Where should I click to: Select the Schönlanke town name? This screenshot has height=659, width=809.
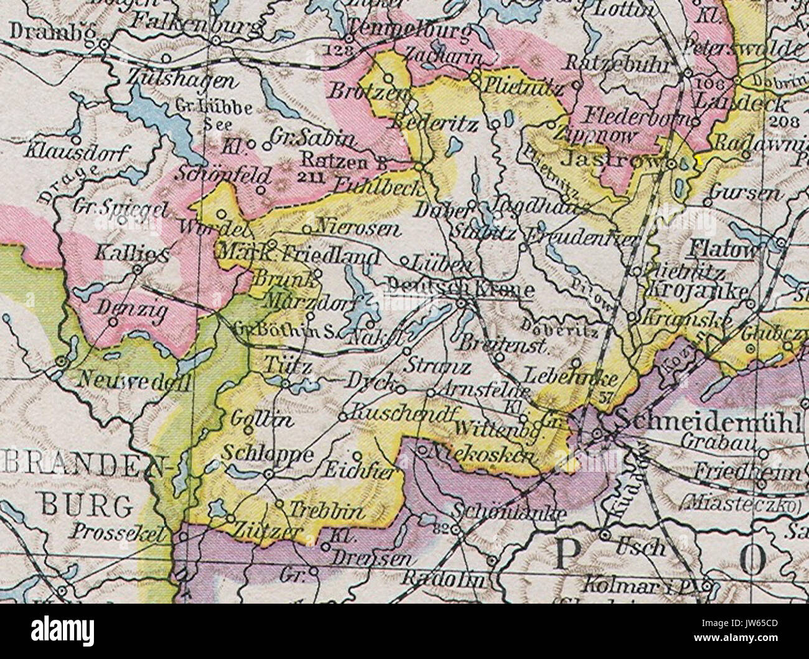pyautogui.click(x=510, y=514)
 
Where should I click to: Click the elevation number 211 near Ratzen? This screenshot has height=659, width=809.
pyautogui.click(x=315, y=178)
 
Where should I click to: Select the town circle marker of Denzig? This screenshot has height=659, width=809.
pyautogui.click(x=113, y=321)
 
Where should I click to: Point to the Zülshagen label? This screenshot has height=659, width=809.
pyautogui.click(x=181, y=80)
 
